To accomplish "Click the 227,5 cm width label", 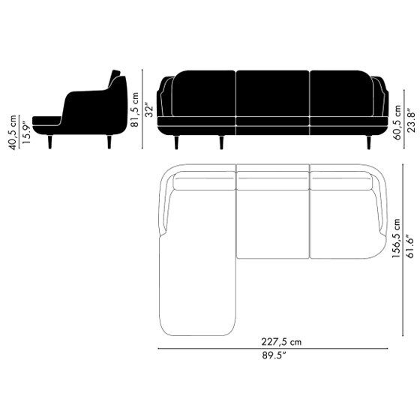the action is (281, 342).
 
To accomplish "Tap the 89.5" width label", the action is (274, 355).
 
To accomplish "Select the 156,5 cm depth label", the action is (396, 238).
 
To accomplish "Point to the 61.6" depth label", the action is (410, 246).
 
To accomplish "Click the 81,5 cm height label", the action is (134, 109).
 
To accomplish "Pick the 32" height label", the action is (148, 109).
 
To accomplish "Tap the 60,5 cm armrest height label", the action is (397, 122).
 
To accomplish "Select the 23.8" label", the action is (412, 120).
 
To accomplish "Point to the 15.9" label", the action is (26, 132).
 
